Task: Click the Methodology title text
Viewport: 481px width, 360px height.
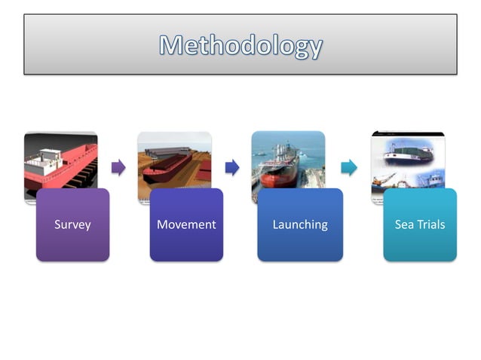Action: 240,45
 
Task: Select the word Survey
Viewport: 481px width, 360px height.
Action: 72,224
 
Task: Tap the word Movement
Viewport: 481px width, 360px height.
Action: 186,224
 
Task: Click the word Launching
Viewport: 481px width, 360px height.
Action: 300,224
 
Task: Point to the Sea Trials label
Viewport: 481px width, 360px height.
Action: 420,224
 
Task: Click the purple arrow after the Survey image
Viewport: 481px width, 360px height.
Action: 118,167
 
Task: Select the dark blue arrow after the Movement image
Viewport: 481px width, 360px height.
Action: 232,167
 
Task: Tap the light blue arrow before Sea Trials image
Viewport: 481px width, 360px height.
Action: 348,167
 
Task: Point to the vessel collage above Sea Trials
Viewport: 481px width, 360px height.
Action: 407,158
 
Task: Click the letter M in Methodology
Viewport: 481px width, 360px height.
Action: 171,45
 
